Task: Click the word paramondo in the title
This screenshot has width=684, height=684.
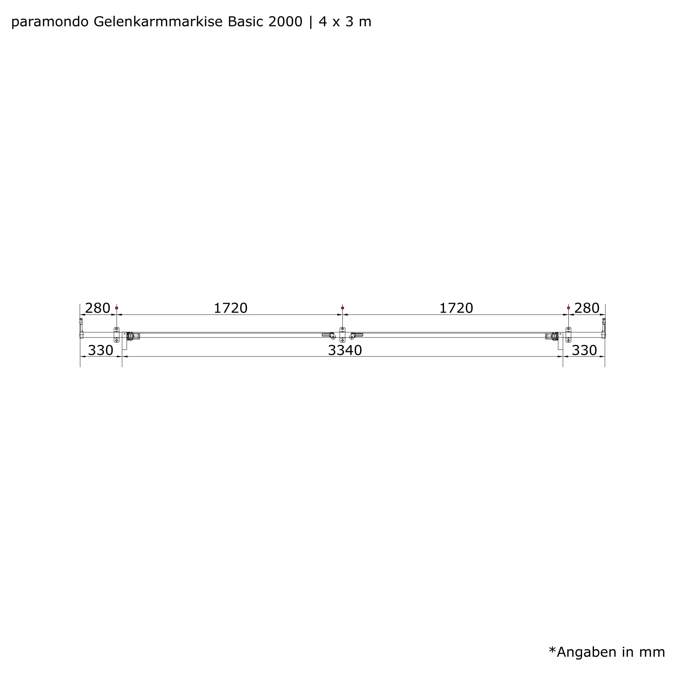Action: (50, 22)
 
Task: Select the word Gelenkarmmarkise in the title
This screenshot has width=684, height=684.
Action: (158, 22)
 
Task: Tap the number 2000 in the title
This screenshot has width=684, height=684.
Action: (286, 22)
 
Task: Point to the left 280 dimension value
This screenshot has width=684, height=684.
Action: (97, 308)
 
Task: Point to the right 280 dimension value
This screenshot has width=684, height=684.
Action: (587, 308)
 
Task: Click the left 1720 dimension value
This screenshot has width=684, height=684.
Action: (231, 308)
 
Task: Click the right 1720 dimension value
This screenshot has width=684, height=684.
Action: (456, 308)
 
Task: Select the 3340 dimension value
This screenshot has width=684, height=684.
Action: (345, 351)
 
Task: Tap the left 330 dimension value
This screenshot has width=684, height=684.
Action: (101, 351)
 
